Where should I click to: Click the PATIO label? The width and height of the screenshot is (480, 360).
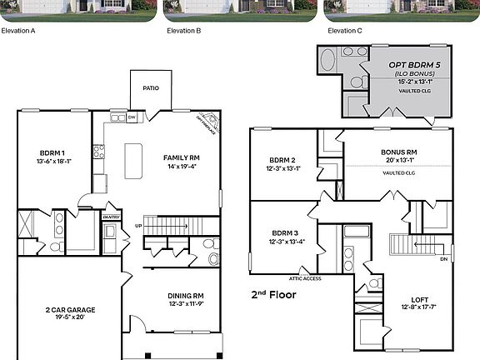[x=151, y=87]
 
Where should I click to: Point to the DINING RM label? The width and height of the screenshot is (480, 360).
[x=187, y=296]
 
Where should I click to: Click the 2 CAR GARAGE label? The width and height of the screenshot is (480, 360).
[x=70, y=309]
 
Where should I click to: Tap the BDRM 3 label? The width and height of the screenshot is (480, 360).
[x=283, y=233]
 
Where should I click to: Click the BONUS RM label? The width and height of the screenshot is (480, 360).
[x=398, y=152]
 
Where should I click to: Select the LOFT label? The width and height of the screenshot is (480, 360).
[x=419, y=300]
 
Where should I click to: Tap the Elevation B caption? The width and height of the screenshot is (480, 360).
[x=183, y=30]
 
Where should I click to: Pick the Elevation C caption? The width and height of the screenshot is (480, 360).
[x=345, y=30]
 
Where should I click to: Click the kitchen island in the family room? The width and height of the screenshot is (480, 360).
[x=132, y=160]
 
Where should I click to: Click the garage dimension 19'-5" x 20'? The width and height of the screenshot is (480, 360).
[x=70, y=317]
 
